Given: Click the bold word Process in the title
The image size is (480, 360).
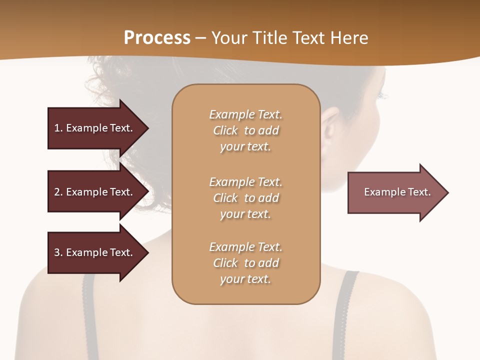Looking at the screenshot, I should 157,38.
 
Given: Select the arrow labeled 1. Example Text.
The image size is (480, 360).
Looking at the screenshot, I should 95,128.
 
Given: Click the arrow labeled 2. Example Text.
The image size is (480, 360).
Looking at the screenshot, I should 95,192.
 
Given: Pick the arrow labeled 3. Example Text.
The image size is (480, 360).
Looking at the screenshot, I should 95,252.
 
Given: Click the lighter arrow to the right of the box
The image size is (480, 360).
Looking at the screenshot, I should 395,192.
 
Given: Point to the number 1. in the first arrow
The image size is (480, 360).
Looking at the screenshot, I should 58,128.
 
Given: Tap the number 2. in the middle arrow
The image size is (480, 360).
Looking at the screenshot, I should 58,192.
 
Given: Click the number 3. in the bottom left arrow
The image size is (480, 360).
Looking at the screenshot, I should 58,252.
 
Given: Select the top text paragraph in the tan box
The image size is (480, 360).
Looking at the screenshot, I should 245,130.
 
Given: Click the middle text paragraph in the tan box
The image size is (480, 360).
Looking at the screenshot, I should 245,198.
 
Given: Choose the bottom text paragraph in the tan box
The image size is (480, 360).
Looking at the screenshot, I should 245,263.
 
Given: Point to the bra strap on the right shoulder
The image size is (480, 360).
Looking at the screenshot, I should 348,310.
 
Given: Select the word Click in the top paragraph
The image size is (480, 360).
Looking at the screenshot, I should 225,130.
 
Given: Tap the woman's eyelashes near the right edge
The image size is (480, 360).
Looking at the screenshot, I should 382,94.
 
